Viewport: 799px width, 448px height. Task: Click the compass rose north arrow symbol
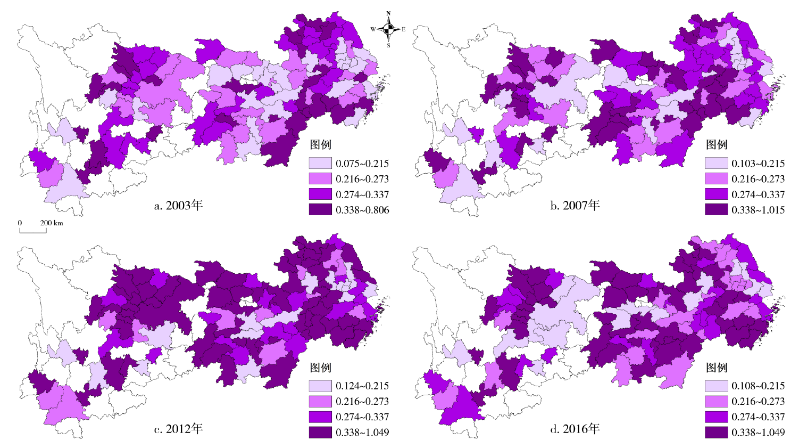388,29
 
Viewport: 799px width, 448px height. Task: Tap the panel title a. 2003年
178,206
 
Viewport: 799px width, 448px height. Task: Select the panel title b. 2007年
575,206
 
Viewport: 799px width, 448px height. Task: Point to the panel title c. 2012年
178,429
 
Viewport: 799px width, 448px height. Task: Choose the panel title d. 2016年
575,429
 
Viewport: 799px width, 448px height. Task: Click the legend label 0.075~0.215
362,164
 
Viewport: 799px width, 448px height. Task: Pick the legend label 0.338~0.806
362,210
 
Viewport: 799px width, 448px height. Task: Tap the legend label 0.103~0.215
758,164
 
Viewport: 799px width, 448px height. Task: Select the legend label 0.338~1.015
758,210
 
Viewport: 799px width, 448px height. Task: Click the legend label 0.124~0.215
362,386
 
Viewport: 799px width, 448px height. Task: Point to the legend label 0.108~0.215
758,386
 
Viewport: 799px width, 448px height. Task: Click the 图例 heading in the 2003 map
321,145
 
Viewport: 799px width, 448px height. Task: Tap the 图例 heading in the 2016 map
717,368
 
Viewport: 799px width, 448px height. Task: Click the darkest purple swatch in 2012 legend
320,432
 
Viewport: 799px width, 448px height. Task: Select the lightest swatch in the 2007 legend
716,164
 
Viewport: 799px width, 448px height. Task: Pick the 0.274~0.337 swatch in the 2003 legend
320,194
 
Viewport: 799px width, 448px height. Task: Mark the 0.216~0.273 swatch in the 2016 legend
716,401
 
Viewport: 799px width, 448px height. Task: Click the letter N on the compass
388,14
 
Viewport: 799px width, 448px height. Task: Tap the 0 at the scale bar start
20,223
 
